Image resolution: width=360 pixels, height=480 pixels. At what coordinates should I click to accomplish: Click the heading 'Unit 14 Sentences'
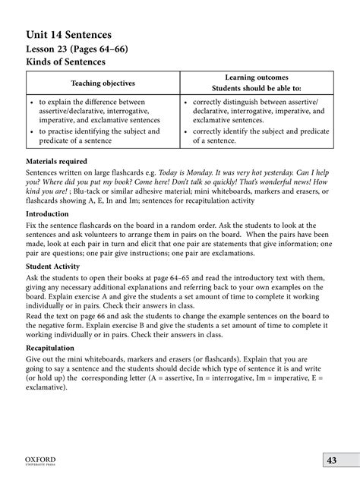pos(68,35)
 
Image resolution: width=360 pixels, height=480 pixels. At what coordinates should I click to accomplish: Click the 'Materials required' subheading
pos(57,162)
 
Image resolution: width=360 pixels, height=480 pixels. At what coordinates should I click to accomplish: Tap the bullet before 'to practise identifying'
pos(30,131)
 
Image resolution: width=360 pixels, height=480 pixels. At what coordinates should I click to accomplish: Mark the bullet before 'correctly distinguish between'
pos(185,102)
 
